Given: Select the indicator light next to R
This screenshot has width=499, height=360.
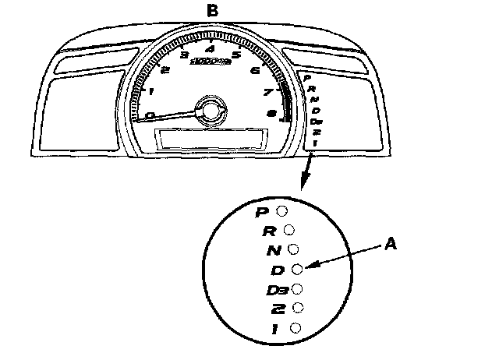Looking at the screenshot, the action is (288, 230).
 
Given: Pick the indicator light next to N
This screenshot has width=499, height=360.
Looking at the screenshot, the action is (293, 249).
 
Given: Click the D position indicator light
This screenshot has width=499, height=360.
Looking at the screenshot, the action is (296, 269).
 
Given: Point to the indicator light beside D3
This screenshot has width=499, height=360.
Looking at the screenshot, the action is (296, 289).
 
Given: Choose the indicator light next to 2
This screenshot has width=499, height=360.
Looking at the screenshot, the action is (296, 309).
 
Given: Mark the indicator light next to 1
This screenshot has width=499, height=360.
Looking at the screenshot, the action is (295, 328).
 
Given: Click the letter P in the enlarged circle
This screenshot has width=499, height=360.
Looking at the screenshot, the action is (263, 212).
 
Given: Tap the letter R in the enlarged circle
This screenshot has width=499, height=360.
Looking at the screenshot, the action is (268, 231).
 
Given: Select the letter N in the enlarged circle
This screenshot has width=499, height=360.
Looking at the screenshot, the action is (273, 251).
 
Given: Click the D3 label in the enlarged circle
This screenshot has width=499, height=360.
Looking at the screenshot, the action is (278, 291).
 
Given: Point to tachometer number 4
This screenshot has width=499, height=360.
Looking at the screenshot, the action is (209, 51).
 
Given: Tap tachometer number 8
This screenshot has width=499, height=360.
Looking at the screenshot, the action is (271, 114).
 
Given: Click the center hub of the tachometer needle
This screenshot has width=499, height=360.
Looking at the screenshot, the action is (209, 110).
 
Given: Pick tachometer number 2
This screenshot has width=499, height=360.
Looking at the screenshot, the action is (165, 70).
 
